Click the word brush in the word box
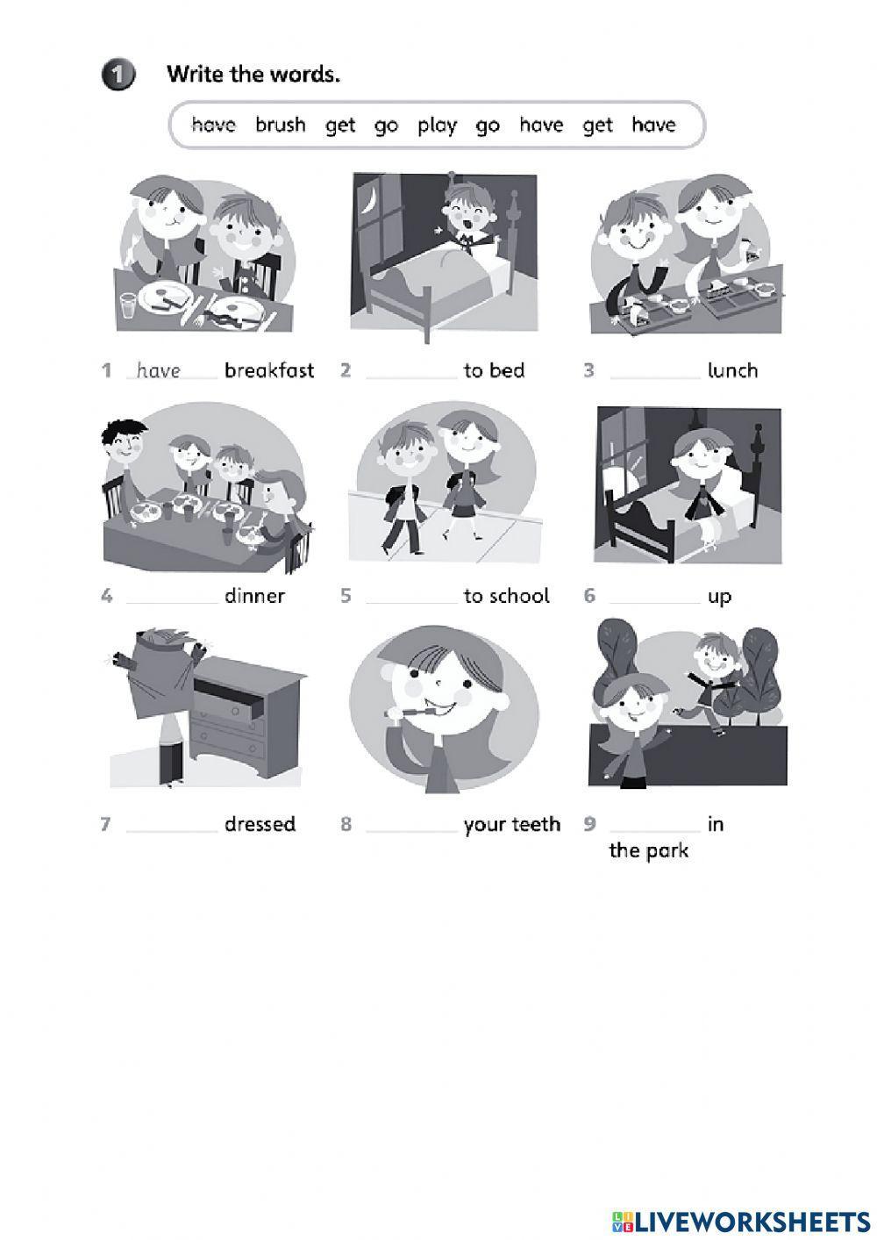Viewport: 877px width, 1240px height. coord(281,125)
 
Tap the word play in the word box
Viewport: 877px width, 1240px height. coord(437,125)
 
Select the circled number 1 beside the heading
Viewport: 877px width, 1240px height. coord(118,75)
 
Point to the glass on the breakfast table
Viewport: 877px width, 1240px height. coord(128,305)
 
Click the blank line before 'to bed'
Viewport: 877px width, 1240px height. coord(410,374)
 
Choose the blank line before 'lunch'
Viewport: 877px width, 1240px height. coord(654,374)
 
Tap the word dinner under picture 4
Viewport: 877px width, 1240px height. coord(254,596)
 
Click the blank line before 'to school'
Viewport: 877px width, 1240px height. coord(410,599)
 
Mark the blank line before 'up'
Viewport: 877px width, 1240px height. coord(654,599)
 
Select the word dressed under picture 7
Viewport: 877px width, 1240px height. coord(260,824)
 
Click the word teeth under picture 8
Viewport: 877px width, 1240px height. coord(537,824)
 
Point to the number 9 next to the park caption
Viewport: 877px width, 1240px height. coord(589,824)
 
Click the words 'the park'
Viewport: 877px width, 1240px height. coord(648,850)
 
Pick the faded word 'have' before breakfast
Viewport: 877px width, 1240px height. coord(159,370)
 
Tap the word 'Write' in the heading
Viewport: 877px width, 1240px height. coord(195,75)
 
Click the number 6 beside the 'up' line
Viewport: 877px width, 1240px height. coord(589,596)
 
